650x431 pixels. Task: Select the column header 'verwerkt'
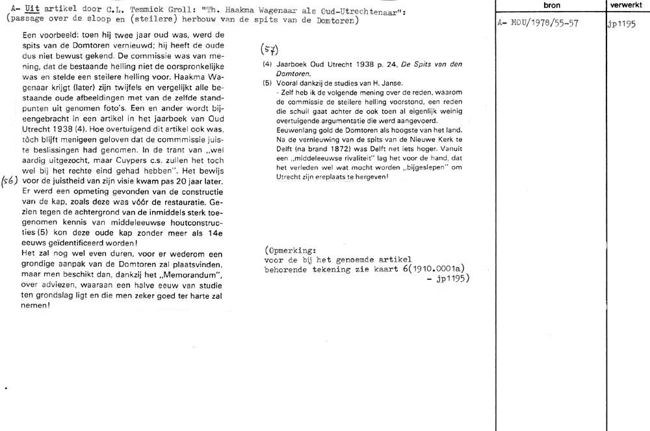pos(626,5)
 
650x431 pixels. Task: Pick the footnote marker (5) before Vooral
pos(266,83)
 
